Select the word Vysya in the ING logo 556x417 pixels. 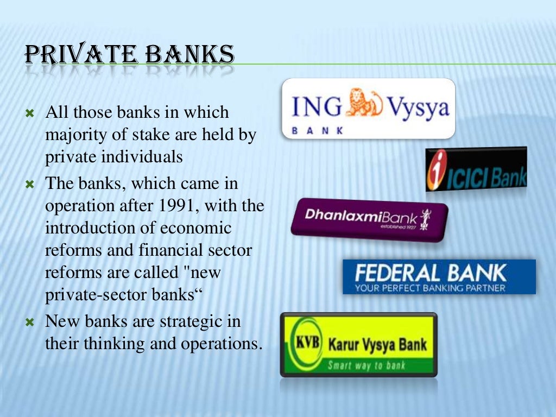click(417, 108)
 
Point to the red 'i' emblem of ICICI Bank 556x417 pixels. click(436, 170)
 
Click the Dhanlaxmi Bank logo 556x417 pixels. click(369, 218)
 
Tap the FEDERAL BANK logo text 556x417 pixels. click(430, 273)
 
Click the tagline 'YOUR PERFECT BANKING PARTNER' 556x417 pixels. click(430, 287)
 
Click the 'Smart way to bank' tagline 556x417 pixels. click(366, 365)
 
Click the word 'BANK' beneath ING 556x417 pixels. click(318, 131)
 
